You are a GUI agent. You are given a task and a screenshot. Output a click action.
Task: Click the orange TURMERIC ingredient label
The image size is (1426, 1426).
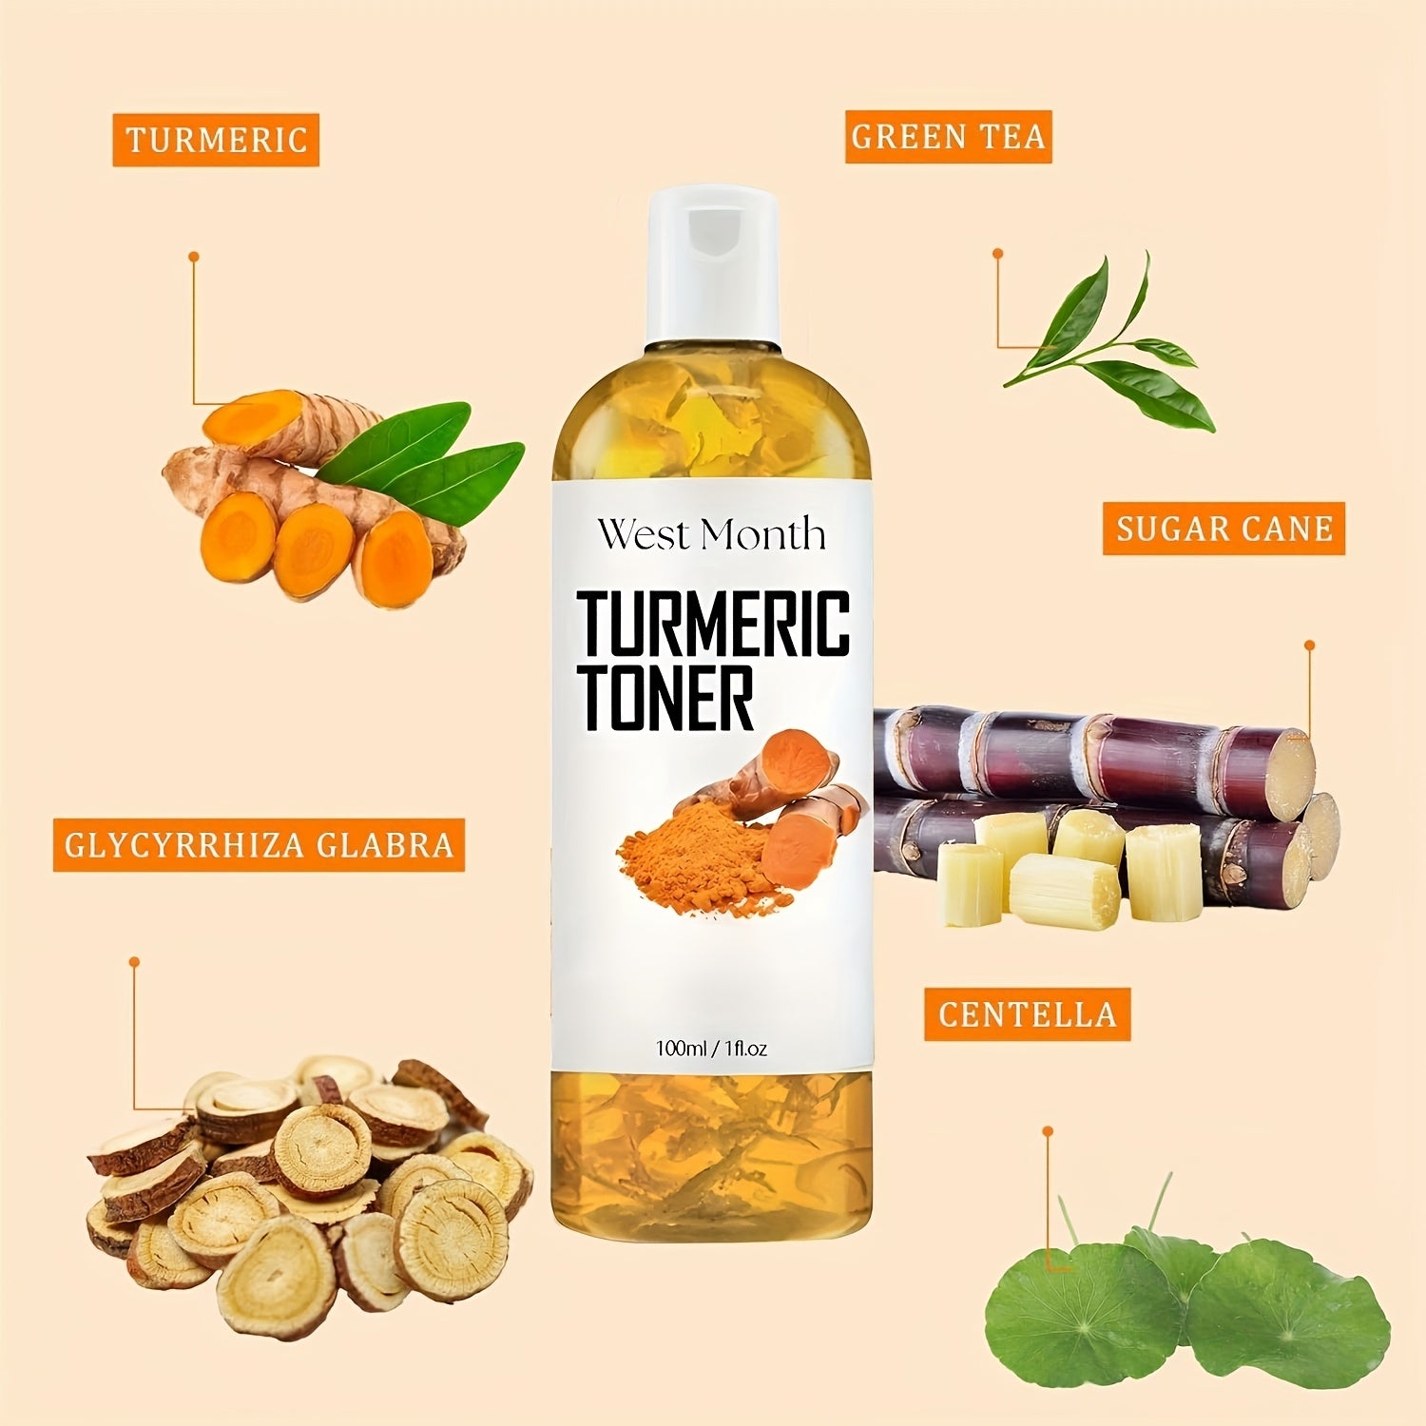tap(216, 140)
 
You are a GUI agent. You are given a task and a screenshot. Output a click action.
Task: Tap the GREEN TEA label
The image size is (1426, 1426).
tap(948, 136)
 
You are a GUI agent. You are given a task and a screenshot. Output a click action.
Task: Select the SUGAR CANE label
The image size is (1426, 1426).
tap(1224, 529)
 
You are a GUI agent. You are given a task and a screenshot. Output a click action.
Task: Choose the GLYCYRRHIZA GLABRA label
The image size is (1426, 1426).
tap(259, 845)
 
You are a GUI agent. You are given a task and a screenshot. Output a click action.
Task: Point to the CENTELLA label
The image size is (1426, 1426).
tap(1028, 1013)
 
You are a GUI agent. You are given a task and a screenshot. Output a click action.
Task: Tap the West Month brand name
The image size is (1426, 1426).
tap(711, 535)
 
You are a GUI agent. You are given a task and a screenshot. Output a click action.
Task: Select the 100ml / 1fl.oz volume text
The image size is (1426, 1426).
tap(711, 1050)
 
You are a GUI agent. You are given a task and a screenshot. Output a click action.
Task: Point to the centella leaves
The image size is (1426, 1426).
tap(1188, 1293)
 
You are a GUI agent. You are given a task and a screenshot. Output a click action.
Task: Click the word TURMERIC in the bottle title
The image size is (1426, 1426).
tap(713, 623)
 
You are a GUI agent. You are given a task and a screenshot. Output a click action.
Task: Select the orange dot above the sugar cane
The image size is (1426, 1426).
tap(1309, 645)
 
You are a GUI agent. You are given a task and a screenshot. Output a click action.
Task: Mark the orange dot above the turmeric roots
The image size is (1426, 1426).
tap(193, 256)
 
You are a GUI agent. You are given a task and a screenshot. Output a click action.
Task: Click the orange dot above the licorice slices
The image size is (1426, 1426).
tap(134, 962)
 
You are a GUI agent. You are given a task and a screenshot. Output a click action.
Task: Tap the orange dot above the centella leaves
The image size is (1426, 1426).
tap(1047, 1131)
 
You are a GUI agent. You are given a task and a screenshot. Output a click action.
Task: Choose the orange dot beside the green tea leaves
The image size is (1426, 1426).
tap(997, 253)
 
